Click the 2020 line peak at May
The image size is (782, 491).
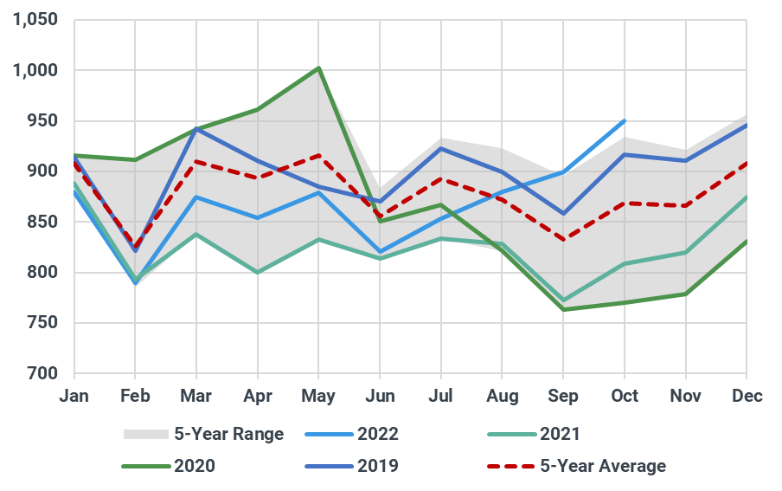coord(319,68)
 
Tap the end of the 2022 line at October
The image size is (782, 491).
coord(625,120)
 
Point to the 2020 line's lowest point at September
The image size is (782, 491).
coord(564,309)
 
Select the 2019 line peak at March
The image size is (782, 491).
coord(197,128)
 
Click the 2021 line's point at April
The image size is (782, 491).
coord(258,272)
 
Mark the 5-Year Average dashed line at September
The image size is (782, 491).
coord(564,240)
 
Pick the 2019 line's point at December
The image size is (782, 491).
coord(747,125)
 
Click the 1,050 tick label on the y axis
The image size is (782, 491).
coord(35,20)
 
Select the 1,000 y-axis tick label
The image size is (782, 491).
coord(35,70)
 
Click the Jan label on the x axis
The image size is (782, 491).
coord(74,397)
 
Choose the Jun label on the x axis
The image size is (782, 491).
coord(380,397)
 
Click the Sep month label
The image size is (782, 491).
coord(563,397)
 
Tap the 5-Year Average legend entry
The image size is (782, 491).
coord(575,466)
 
